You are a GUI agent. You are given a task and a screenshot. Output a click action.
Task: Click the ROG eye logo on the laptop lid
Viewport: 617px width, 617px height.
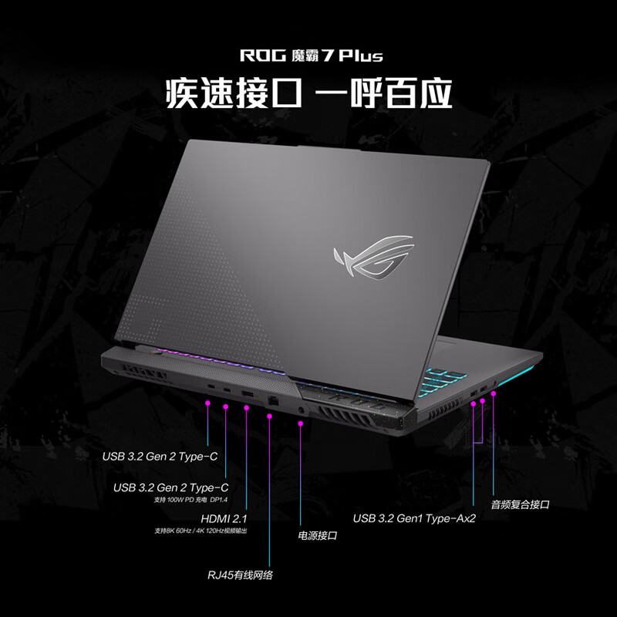click(x=371, y=259)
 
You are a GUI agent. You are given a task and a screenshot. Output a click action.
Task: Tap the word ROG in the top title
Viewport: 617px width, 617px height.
click(x=256, y=56)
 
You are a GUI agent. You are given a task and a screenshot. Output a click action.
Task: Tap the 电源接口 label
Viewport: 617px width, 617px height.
click(x=317, y=534)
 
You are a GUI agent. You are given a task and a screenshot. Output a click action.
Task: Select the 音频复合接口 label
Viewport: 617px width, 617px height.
click(x=520, y=504)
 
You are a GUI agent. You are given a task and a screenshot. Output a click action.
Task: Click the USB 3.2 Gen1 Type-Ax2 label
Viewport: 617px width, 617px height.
click(x=414, y=518)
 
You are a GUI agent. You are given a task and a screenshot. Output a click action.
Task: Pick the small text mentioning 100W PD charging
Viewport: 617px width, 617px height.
click(x=191, y=500)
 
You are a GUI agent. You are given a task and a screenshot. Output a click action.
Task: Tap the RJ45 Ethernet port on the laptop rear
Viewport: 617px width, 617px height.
click(x=272, y=401)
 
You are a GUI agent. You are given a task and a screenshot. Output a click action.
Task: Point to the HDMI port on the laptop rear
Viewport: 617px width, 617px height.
click(x=246, y=396)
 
